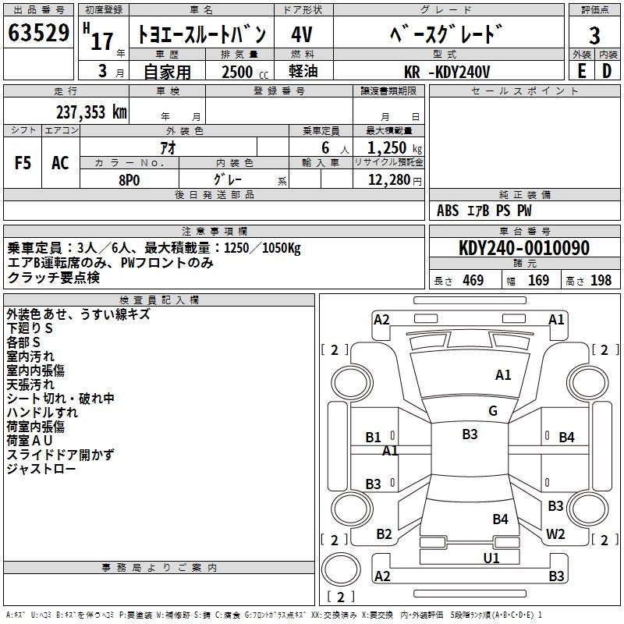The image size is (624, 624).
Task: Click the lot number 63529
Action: (x=39, y=34)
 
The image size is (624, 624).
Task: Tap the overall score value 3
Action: (x=594, y=35)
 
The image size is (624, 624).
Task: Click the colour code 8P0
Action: (x=129, y=179)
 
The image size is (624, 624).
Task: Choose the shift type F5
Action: (x=23, y=163)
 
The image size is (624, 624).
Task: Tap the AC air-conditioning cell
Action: (x=60, y=163)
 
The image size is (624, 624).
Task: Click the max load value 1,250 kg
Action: (x=390, y=147)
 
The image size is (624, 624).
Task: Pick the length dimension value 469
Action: (x=473, y=280)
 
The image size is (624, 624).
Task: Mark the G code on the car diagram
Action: (x=492, y=411)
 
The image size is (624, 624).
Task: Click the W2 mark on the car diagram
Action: (x=555, y=534)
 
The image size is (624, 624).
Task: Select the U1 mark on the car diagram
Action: (x=491, y=558)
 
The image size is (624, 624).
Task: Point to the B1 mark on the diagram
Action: (x=374, y=437)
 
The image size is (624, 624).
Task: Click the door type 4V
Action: (x=303, y=35)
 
